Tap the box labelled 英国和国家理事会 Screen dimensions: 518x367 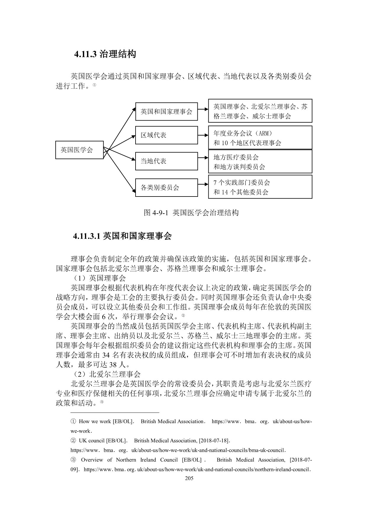pos(166,111)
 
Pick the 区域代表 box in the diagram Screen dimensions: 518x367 pos(166,135)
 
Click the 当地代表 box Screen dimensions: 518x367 pos(166,161)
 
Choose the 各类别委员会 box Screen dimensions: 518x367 pos(166,187)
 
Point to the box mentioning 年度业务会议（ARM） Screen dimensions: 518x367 pos(260,138)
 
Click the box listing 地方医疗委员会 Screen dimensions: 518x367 pos(260,162)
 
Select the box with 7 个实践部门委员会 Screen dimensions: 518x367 pos(260,187)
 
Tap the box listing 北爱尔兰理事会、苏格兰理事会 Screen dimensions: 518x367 pos(260,111)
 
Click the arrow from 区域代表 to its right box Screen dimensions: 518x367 pos(203,135)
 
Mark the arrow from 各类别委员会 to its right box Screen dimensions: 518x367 pos(203,184)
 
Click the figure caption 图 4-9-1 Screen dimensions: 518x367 pos(191,212)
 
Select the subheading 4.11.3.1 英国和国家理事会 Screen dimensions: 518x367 pos(122,236)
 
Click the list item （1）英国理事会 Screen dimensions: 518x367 pos(99,278)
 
